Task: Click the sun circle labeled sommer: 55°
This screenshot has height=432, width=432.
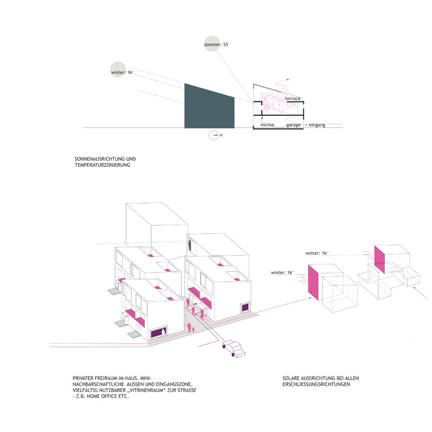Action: pos(212,44)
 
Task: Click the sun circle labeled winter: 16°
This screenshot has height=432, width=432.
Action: pos(118,69)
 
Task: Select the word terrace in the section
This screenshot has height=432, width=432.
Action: pos(293,98)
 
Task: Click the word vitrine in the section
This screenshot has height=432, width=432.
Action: pos(267,124)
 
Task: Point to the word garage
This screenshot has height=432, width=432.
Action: pos(293,125)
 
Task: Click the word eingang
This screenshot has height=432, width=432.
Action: pos(317,125)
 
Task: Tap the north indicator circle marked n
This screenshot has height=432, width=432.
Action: pos(213,135)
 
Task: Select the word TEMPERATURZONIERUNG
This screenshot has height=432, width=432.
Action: pos(102,165)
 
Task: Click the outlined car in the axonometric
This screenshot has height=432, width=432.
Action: pos(234,349)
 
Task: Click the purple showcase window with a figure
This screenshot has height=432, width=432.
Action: pos(159,332)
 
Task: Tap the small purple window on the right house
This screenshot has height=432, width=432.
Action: pos(245,307)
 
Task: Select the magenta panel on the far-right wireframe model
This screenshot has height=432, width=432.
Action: pos(380,259)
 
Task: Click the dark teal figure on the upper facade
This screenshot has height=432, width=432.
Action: pos(190,245)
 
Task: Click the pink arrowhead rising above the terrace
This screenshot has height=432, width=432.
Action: pos(287,80)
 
